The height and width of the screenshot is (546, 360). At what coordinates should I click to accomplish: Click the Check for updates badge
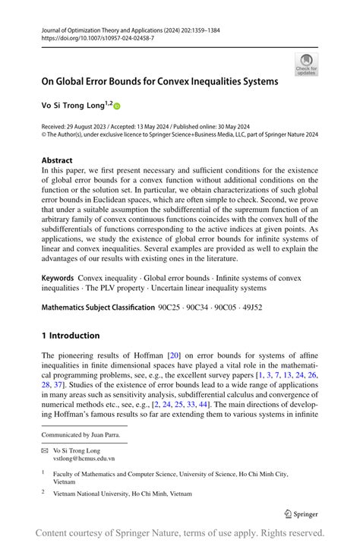[x=306, y=64]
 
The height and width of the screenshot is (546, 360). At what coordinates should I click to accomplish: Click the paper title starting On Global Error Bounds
[x=159, y=80]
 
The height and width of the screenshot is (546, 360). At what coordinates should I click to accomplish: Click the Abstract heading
[x=57, y=161]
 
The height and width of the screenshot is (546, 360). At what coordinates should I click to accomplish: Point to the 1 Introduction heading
[x=71, y=335]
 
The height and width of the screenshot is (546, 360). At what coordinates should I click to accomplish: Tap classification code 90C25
[x=171, y=308]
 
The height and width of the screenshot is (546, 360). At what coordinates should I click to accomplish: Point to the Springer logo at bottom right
[x=302, y=513]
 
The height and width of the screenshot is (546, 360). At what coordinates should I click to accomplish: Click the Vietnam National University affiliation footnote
[x=122, y=493]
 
